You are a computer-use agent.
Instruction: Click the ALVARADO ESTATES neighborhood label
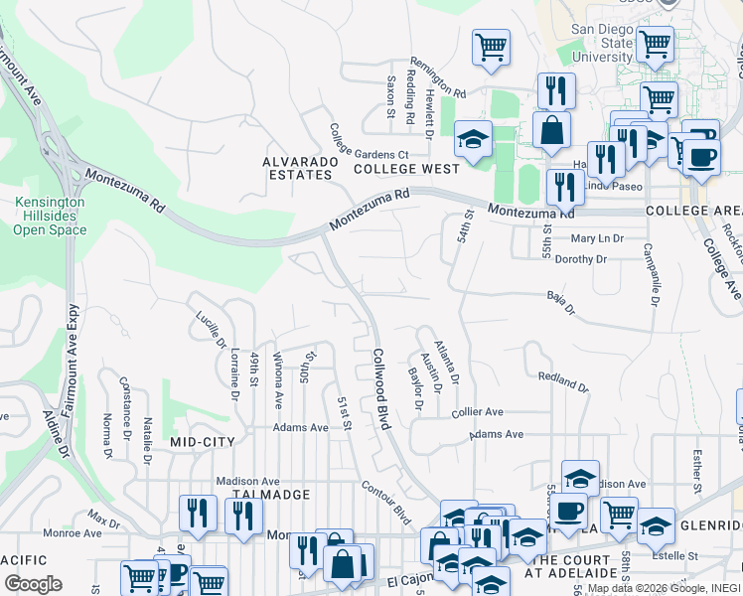(296, 168)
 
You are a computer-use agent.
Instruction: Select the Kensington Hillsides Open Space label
(50, 216)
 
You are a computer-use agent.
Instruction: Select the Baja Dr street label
(561, 302)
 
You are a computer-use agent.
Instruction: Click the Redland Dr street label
(562, 379)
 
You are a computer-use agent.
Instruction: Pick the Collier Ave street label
(478, 412)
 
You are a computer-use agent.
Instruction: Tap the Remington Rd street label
(438, 75)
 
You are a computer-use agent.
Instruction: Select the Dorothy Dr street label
(580, 259)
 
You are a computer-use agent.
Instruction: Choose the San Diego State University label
(601, 44)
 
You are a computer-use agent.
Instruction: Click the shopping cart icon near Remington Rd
(492, 47)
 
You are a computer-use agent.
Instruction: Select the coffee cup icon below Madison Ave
(568, 511)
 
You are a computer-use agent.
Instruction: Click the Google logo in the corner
(33, 584)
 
